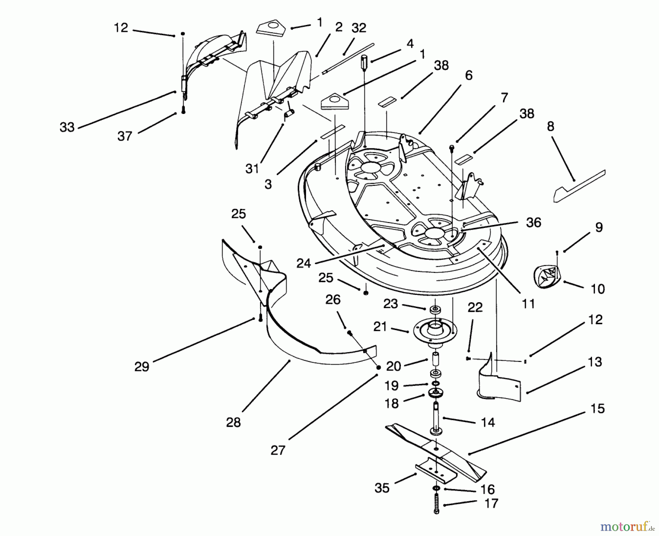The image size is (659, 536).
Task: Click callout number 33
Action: click(x=67, y=127)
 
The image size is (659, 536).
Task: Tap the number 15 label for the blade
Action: click(x=597, y=408)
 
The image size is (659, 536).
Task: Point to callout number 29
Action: click(x=142, y=366)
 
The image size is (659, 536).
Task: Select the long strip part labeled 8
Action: click(x=578, y=187)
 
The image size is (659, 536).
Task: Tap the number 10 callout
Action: click(x=597, y=289)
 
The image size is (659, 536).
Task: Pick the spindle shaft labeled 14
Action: click(x=436, y=418)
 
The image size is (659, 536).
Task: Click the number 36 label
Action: click(x=533, y=222)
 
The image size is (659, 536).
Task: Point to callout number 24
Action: click(x=304, y=263)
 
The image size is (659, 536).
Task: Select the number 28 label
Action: click(x=233, y=422)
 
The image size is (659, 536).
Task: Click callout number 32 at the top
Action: click(x=358, y=28)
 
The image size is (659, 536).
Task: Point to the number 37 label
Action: click(x=124, y=136)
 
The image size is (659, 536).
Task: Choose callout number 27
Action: click(x=278, y=450)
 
